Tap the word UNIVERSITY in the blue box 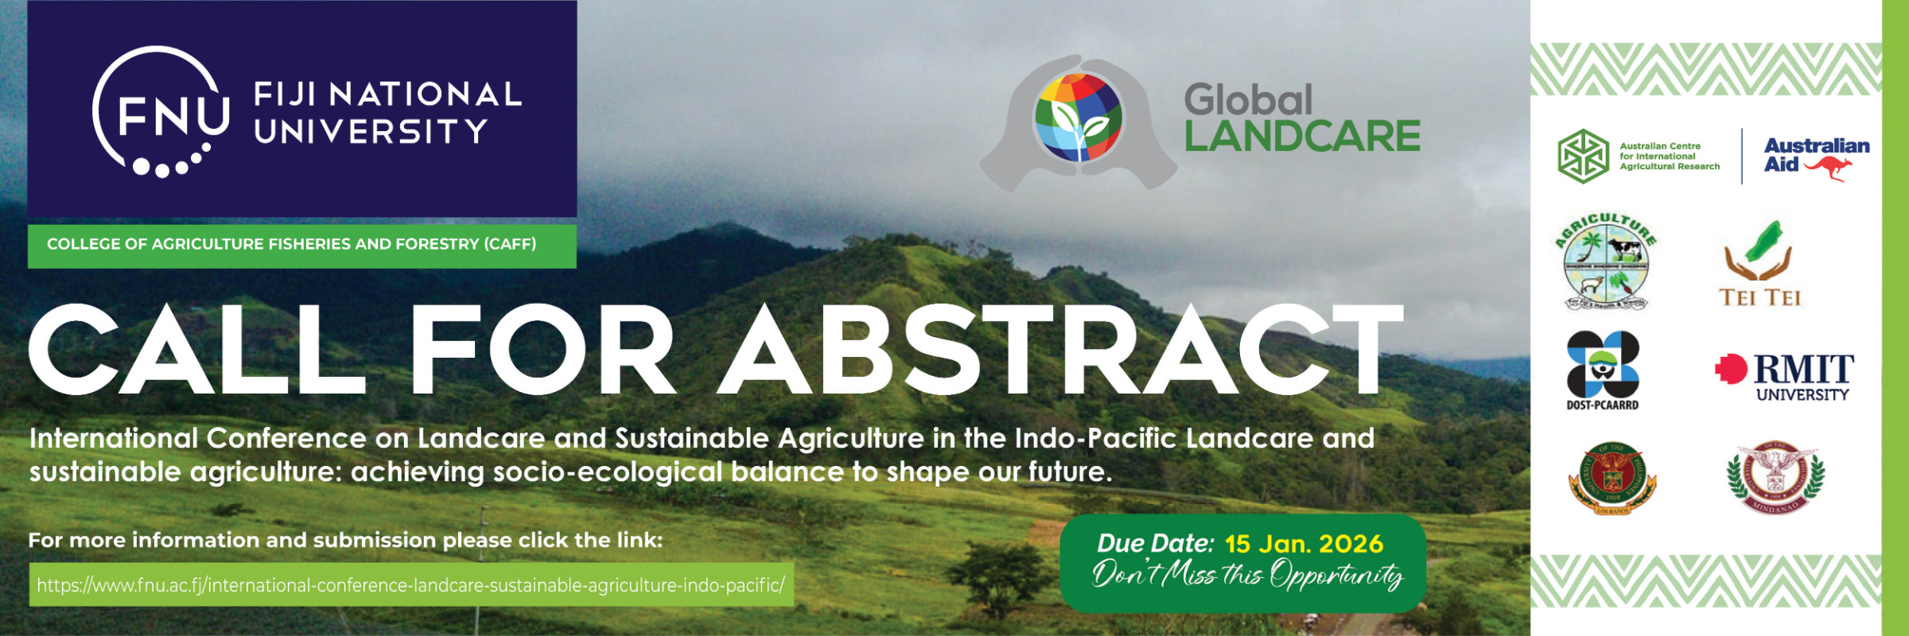pos(371,132)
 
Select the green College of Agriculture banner pos(301,245)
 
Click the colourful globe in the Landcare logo pos(1077,118)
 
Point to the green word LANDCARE pos(1302,137)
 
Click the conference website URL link pos(410,585)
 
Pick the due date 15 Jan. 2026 pos(1304,544)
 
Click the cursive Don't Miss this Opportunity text pos(1246,574)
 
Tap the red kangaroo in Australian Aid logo pos(1829,168)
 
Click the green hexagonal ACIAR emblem pos(1583,157)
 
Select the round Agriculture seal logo pos(1606,262)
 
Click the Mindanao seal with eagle pos(1775,477)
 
